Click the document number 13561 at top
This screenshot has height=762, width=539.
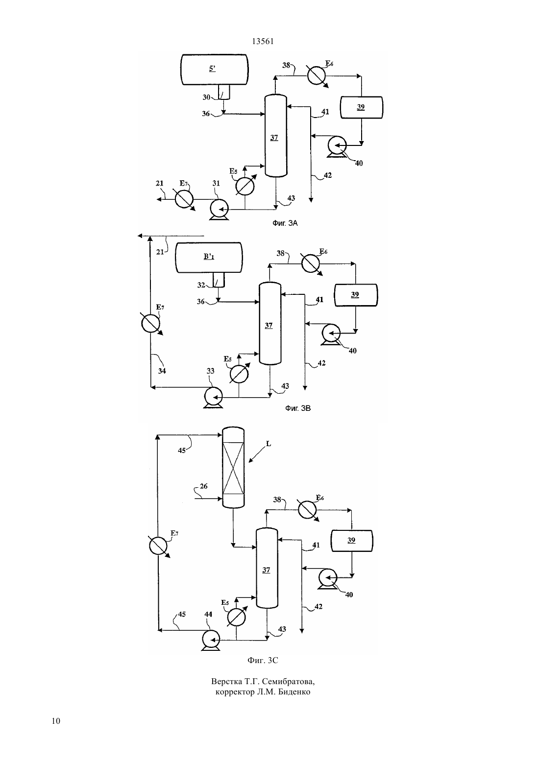pyautogui.click(x=263, y=42)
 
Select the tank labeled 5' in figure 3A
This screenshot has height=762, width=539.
pyautogui.click(x=215, y=70)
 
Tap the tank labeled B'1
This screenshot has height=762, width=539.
pyautogui.click(x=209, y=258)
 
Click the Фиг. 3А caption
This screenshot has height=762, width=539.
pyautogui.click(x=285, y=223)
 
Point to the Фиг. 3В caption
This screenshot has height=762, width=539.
pyautogui.click(x=298, y=408)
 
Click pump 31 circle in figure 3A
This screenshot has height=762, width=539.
pyautogui.click(x=219, y=209)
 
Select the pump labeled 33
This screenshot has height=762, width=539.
pyautogui.click(x=213, y=396)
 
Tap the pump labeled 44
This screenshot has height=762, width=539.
pyautogui.click(x=211, y=640)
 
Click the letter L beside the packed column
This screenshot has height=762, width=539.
pyautogui.click(x=269, y=444)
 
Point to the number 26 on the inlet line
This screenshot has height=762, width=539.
pyautogui.click(x=203, y=486)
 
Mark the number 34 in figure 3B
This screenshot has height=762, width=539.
pyautogui.click(x=162, y=371)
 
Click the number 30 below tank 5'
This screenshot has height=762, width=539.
pyautogui.click(x=206, y=97)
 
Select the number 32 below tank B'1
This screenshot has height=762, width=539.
pyautogui.click(x=201, y=285)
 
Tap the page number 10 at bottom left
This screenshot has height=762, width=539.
pyautogui.click(x=56, y=721)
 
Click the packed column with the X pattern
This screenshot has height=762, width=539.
pyautogui.click(x=233, y=467)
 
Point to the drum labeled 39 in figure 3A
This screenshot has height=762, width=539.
pyautogui.click(x=362, y=108)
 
